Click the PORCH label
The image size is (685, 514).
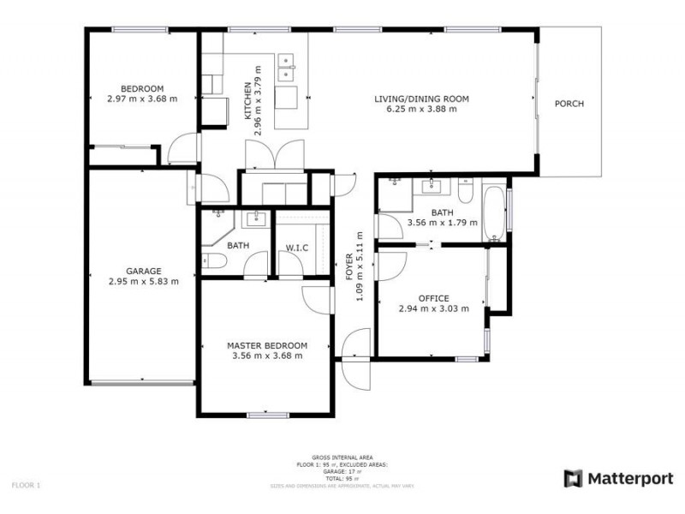[x=569, y=104]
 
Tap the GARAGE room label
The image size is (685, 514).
[x=144, y=271]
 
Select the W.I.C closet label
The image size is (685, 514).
[x=296, y=248]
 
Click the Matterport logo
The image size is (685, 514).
[x=618, y=479]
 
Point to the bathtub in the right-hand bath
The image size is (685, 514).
[x=495, y=210]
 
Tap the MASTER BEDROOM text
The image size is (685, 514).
[x=267, y=345]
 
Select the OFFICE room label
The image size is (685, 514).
[x=433, y=298]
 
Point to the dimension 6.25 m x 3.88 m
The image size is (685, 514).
[x=421, y=110]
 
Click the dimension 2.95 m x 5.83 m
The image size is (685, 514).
[x=144, y=281]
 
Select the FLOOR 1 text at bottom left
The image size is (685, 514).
[x=26, y=486]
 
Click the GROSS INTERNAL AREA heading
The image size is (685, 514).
[x=342, y=458]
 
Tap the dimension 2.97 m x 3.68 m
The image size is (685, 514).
[x=142, y=99]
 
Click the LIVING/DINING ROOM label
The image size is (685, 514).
[x=421, y=99]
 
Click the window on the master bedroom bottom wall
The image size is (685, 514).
[x=267, y=415]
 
